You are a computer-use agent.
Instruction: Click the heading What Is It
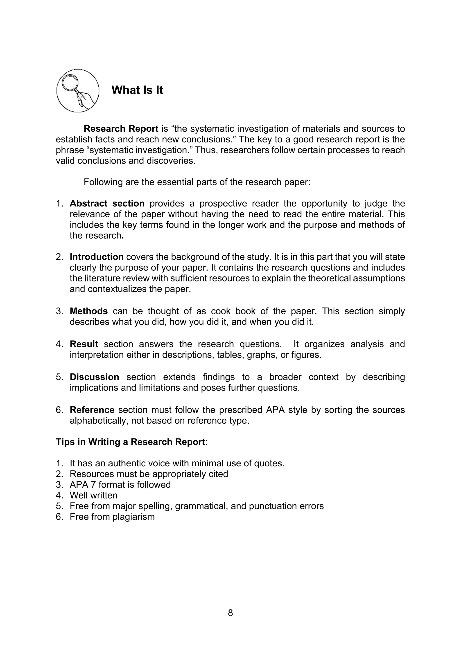(137, 90)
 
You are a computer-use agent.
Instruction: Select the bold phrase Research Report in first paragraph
(121, 129)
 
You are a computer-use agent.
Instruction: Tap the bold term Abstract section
(107, 203)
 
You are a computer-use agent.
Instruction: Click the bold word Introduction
(97, 257)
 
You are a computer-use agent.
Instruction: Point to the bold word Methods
(89, 311)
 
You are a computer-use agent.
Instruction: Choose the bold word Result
(84, 344)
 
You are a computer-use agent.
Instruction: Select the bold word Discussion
(94, 377)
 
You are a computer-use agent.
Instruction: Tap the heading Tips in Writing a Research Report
(130, 442)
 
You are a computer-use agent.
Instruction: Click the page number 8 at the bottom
(230, 613)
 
